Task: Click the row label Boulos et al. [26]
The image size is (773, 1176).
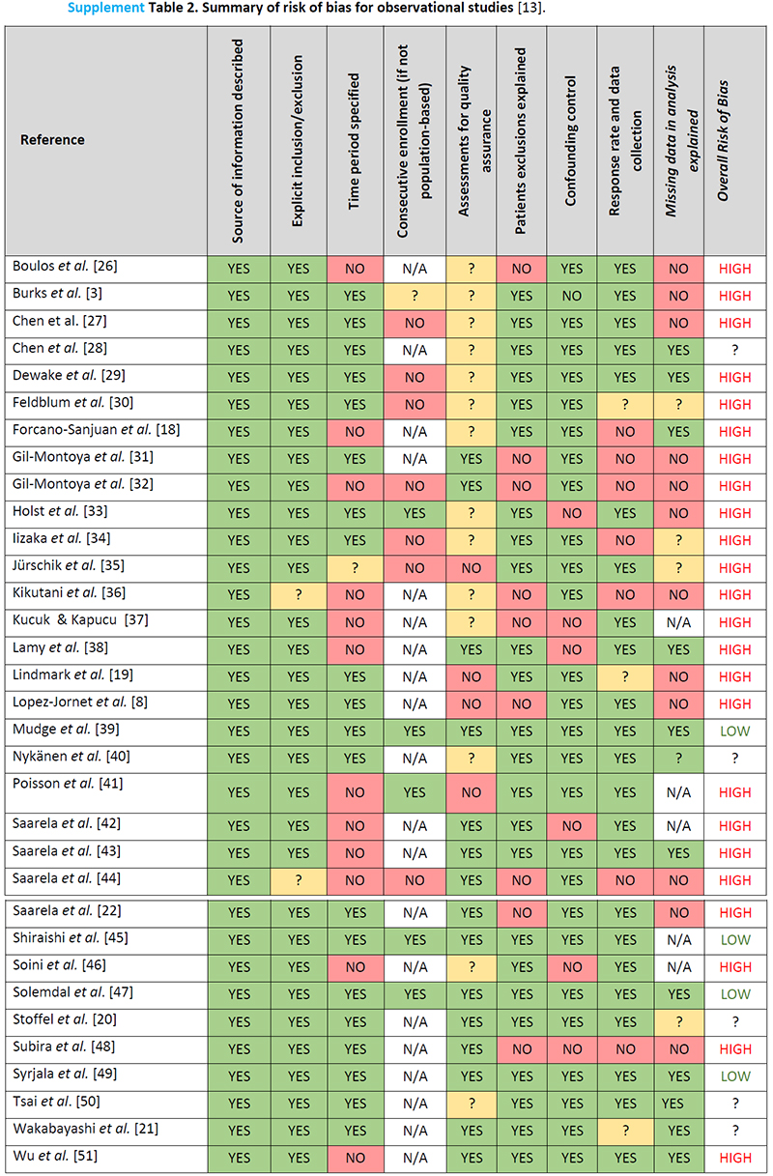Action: [65, 266]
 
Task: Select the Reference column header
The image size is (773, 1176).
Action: [52, 140]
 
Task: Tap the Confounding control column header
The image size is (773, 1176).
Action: [571, 140]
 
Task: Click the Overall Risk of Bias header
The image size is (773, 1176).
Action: [735, 140]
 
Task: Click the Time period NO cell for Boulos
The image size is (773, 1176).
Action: [355, 269]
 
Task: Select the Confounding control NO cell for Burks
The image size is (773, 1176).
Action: [571, 296]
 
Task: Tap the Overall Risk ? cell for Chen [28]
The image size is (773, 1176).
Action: [735, 350]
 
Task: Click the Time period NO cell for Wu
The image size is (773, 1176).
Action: [355, 1158]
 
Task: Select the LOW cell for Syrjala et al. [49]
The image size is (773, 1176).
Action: [735, 1076]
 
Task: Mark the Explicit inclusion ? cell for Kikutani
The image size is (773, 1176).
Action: [299, 594]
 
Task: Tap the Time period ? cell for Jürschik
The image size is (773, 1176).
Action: [355, 567]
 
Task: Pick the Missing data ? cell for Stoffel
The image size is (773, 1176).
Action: [679, 1021]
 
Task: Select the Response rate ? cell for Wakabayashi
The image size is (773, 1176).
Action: [624, 1130]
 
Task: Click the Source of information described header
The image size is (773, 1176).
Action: [238, 140]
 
